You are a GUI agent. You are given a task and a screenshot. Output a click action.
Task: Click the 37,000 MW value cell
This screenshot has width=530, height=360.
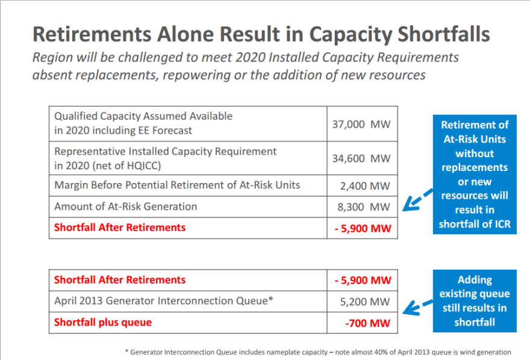pyautogui.click(x=361, y=124)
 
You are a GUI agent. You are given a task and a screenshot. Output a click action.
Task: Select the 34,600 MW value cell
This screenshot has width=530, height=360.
pyautogui.click(x=361, y=158)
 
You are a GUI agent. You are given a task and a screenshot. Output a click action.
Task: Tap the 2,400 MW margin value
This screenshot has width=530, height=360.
pyautogui.click(x=365, y=186)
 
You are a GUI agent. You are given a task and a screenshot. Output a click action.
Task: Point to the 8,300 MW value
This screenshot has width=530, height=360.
pyautogui.click(x=364, y=206)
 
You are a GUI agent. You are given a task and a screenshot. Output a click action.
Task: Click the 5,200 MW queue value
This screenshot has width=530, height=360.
pyautogui.click(x=365, y=302)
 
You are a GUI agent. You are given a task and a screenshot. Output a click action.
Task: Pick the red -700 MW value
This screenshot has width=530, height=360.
pyautogui.click(x=368, y=323)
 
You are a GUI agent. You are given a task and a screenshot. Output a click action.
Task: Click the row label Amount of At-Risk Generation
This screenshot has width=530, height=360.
pyautogui.click(x=125, y=206)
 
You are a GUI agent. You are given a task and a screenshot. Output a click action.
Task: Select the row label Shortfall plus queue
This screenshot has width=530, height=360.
pyautogui.click(x=103, y=322)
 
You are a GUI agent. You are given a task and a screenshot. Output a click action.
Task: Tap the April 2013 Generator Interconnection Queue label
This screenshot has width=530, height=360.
pyautogui.click(x=164, y=300)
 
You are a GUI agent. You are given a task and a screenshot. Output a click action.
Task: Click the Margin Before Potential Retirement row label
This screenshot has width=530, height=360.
pyautogui.click(x=177, y=185)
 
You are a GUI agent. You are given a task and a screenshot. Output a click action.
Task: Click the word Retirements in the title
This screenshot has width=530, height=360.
pyautogui.click(x=92, y=34)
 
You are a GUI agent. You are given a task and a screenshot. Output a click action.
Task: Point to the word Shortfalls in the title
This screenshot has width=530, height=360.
pyautogui.click(x=443, y=34)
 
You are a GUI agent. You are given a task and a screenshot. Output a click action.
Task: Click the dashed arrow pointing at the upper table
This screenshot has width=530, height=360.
pyautogui.click(x=418, y=200)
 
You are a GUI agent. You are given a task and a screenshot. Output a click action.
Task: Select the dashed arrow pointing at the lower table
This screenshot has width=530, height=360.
pyautogui.click(x=418, y=307)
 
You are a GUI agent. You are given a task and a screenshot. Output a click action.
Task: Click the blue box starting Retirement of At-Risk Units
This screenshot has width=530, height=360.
pyautogui.click(x=475, y=174)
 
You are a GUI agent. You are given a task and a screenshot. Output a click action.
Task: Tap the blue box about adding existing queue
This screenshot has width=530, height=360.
pyautogui.click(x=475, y=301)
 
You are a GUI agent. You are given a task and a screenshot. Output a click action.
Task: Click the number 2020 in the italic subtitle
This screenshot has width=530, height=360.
pyautogui.click(x=250, y=57)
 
